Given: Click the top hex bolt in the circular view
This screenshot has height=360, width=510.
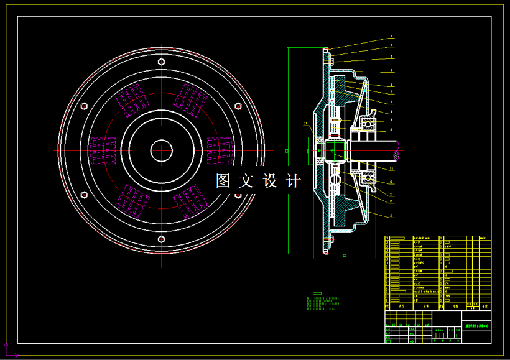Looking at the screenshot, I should pyautogui.click(x=162, y=62).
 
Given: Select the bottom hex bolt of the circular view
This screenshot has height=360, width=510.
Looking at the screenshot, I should pyautogui.click(x=162, y=239).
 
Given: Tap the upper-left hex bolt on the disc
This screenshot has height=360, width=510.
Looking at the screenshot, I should pyautogui.click(x=85, y=106).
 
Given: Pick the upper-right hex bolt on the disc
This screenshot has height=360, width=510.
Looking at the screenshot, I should pyautogui.click(x=238, y=106).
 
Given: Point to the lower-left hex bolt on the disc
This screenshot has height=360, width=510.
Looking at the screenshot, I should pyautogui.click(x=85, y=195).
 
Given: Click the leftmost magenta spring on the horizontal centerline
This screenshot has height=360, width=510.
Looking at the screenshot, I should pyautogui.click(x=103, y=150).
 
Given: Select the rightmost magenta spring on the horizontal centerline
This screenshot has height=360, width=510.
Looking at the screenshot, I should pyautogui.click(x=219, y=150).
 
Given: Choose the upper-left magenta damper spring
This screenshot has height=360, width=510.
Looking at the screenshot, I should pyautogui.click(x=132, y=101).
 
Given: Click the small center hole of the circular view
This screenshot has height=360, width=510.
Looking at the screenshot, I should pyautogui.click(x=162, y=150).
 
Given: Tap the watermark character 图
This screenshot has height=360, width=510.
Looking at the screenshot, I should pyautogui.click(x=223, y=181).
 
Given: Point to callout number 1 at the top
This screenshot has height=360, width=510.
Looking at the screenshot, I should pyautogui.click(x=391, y=37).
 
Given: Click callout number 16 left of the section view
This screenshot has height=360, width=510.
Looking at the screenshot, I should pyautogui.click(x=305, y=124).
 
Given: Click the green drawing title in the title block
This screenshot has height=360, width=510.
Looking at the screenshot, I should pyautogui.click(x=477, y=325).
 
